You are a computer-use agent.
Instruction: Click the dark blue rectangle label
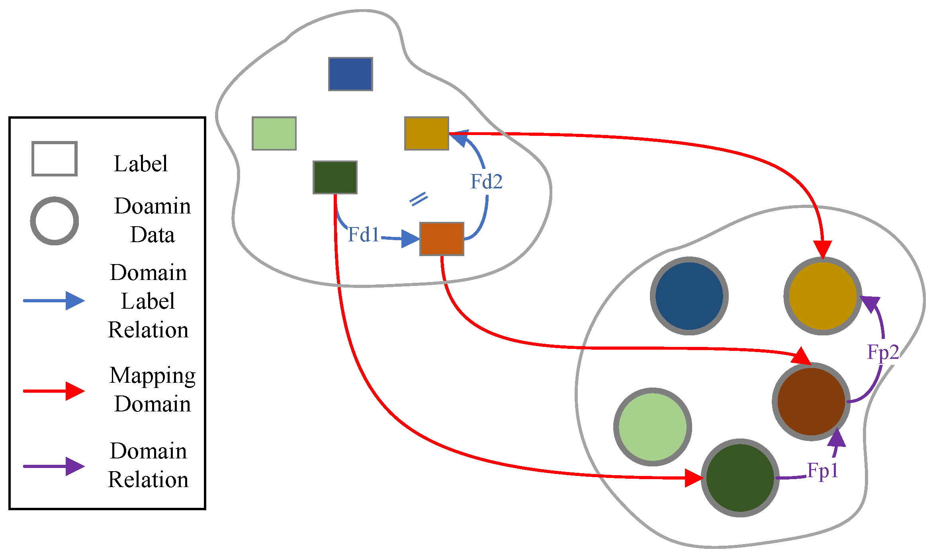coord(350,74)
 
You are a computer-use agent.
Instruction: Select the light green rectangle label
coord(274,133)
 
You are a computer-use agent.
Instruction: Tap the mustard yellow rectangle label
coord(426,133)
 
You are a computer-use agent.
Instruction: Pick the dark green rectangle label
coord(335,177)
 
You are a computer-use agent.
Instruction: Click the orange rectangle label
coord(442,239)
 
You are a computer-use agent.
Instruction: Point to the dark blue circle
coord(689,296)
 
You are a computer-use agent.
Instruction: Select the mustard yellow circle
coord(823,296)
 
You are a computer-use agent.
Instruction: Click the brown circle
coord(811,401)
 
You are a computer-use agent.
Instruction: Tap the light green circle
coord(652,427)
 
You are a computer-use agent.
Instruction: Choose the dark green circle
coord(740,478)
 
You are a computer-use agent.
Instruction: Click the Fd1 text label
coord(363,234)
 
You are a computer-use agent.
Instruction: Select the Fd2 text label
coord(486,182)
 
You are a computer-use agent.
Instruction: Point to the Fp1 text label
coord(822,470)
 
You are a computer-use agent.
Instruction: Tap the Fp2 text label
coord(883,352)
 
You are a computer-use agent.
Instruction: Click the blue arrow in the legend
coord(54,300)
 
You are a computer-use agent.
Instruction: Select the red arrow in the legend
coord(54,391)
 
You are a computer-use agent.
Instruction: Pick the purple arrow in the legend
coord(54,466)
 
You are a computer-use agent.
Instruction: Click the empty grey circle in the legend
coord(55,221)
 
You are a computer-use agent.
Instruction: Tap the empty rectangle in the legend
coord(55,159)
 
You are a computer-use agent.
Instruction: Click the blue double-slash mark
coord(419,199)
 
